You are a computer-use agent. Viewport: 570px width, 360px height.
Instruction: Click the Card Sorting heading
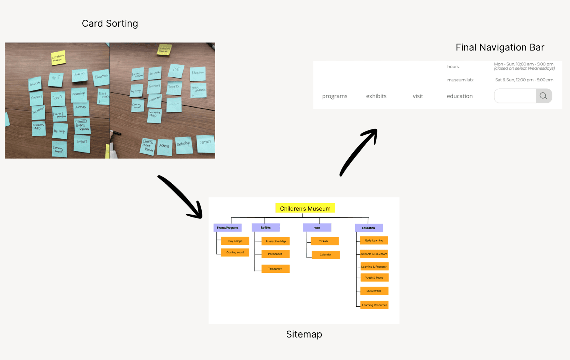(x=110, y=24)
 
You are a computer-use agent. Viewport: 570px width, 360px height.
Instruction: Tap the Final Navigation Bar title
(x=500, y=47)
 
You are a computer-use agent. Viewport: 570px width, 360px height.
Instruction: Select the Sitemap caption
(x=304, y=334)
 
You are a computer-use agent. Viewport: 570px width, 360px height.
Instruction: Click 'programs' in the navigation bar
(x=334, y=96)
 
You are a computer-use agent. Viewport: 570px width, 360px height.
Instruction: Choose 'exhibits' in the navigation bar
(x=376, y=96)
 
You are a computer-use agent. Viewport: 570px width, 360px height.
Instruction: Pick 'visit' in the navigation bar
(x=418, y=96)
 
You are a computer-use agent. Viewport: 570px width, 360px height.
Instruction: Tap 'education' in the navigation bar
(x=460, y=96)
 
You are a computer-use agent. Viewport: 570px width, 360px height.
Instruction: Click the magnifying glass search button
(x=543, y=96)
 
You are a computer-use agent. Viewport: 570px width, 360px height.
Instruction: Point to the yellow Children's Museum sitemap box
(x=305, y=208)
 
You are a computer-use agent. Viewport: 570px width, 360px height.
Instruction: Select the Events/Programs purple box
(x=228, y=228)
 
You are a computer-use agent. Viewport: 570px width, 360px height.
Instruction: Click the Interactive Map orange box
(x=276, y=241)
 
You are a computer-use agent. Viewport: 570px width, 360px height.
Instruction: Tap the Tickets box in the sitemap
(x=324, y=241)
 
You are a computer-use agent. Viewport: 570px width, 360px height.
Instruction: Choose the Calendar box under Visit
(x=325, y=255)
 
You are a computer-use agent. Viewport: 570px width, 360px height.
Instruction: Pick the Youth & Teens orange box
(x=374, y=278)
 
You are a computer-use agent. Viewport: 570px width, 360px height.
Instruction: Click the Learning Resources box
(x=375, y=305)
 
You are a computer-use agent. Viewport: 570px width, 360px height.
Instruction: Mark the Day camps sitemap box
(x=235, y=241)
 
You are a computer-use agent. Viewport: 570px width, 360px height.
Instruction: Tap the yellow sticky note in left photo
(x=58, y=58)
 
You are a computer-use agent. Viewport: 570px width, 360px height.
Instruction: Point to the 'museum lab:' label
(x=460, y=80)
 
